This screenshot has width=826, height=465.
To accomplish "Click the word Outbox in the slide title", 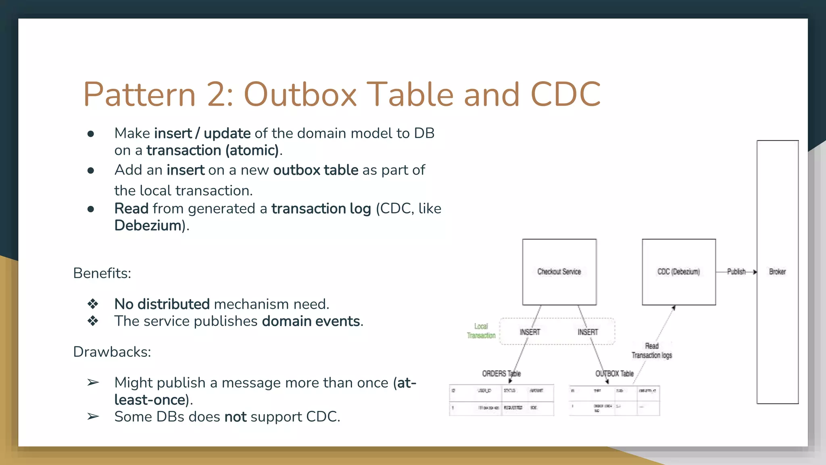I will [x=300, y=94].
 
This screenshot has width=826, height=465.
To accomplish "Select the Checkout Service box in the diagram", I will [x=559, y=272].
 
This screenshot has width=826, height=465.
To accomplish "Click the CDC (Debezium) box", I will [x=678, y=272].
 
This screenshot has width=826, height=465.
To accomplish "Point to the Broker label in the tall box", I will [x=777, y=272].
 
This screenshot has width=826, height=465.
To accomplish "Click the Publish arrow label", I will [x=736, y=272].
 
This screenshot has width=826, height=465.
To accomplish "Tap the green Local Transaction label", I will [x=481, y=331].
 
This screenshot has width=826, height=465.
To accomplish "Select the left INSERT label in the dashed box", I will [x=530, y=332].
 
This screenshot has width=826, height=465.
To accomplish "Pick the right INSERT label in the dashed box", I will [x=588, y=332].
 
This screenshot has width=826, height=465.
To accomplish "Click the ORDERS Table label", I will [x=501, y=374].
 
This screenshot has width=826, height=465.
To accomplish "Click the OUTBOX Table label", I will [x=614, y=374].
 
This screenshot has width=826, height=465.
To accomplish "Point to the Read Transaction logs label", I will [x=652, y=351].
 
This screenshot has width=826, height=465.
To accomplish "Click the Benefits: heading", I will [x=102, y=273].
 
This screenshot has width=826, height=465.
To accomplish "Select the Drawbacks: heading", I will [x=112, y=352].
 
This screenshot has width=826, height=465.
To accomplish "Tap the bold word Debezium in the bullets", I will [x=148, y=226].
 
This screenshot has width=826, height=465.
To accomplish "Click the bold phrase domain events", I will [x=311, y=321].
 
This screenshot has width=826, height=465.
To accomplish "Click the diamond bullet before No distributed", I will [x=93, y=304].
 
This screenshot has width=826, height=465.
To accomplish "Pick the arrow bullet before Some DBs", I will [x=93, y=417].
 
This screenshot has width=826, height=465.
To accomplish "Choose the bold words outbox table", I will [x=315, y=170].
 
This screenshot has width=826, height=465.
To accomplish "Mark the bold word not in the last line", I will [x=235, y=417].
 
